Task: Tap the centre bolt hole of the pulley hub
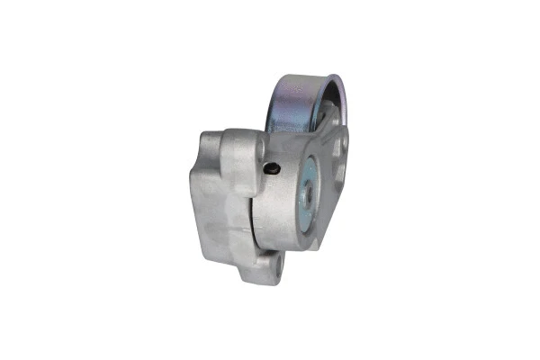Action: click(x=307, y=193)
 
